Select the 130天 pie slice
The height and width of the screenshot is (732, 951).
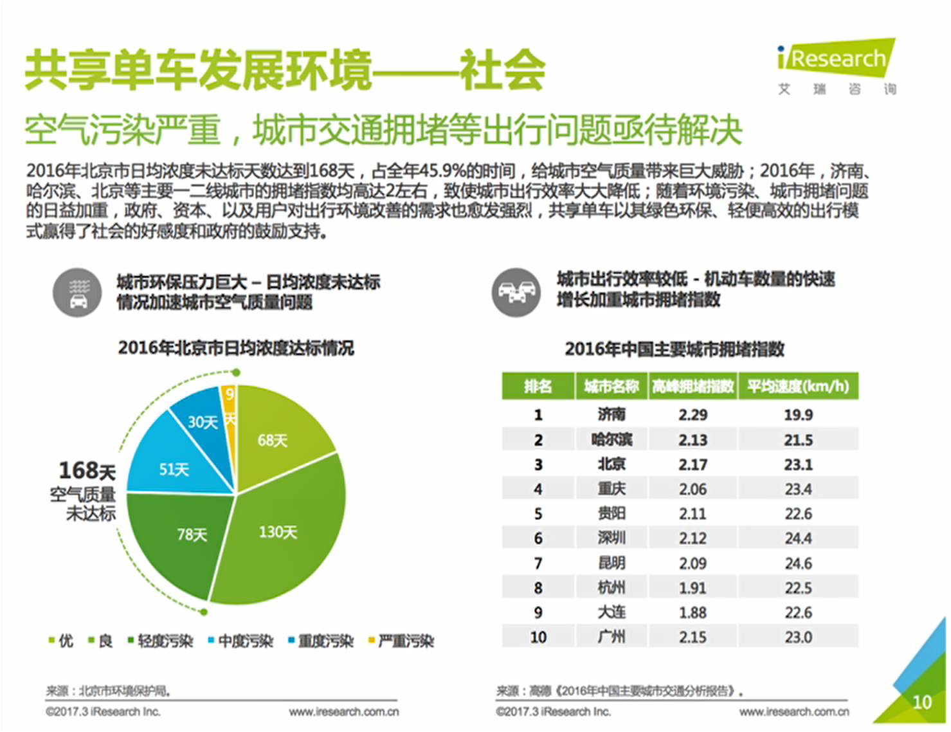278,532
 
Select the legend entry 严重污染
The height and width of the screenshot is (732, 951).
402,641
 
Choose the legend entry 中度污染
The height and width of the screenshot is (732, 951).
241,641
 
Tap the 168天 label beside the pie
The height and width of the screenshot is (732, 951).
87,471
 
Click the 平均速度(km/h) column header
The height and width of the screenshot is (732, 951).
798,387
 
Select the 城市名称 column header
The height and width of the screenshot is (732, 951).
611,387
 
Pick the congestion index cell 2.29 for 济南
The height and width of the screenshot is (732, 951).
693,415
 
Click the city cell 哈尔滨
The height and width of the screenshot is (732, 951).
611,440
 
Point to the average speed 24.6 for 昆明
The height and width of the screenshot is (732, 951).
798,563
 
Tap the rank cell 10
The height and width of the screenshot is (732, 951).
538,637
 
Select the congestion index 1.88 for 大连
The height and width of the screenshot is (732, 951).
693,613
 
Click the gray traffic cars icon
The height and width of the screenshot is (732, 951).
516,293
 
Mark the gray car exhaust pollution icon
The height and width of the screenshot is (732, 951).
78,293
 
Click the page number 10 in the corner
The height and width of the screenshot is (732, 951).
922,702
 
